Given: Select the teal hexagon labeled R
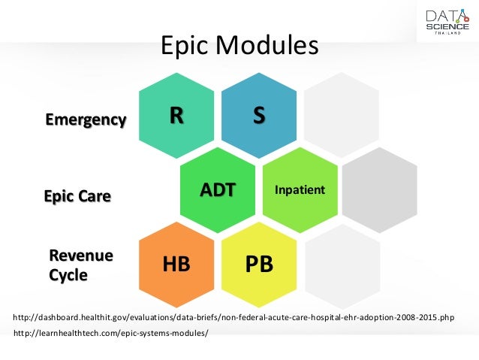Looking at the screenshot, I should pos(176,116).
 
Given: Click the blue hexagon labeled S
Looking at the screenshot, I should pos(258,116).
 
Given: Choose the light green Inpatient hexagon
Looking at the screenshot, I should pos(300,189).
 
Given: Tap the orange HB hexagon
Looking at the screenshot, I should pos(176,265).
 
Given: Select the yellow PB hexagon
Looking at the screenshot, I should pos(258,265).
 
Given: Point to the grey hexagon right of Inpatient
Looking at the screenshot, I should pos(380,189).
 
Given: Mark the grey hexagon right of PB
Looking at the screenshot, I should pos(340,265).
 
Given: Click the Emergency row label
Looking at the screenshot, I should pos(86,119).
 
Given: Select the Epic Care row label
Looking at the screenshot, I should pos(77,197).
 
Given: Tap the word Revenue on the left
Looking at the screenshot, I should pos(81,256).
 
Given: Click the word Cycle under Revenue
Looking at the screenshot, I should pos(68,275).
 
